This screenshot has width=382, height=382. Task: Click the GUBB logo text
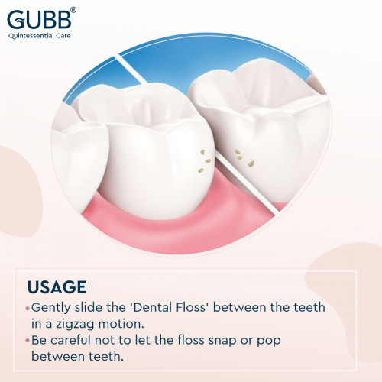click(x=40, y=19)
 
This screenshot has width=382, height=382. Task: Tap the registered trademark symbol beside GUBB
click(x=73, y=10)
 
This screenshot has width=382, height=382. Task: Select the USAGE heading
click(x=57, y=287)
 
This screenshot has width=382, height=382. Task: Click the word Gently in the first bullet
click(x=51, y=308)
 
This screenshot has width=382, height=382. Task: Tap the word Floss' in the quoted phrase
click(x=193, y=307)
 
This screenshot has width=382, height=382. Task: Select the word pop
click(x=268, y=342)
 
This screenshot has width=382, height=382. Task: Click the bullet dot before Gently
click(x=28, y=309)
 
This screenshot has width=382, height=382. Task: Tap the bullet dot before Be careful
click(x=28, y=341)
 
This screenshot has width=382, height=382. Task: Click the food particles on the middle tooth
click(x=205, y=161)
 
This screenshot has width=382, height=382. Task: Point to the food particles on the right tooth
click(x=244, y=158)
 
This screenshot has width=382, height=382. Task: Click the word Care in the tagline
click(x=63, y=35)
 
